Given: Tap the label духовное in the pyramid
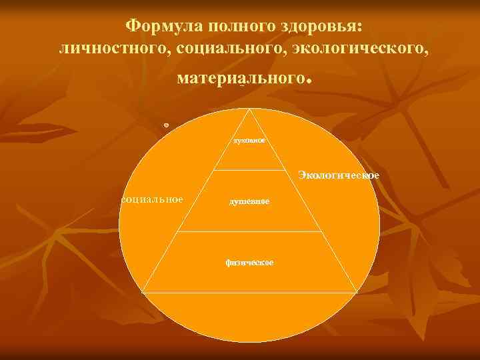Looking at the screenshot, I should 249,141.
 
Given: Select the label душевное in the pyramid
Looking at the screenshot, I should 250,201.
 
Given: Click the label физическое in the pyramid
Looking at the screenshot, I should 249,262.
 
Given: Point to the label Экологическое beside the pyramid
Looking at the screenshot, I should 339,175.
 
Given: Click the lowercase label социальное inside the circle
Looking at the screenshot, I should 152,199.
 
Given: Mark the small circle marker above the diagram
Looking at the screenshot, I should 166,125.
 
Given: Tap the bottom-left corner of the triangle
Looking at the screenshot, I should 142,293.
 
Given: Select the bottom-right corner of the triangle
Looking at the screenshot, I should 357,293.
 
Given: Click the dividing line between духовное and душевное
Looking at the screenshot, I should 250,170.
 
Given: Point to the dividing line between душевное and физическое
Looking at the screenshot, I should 250,231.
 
